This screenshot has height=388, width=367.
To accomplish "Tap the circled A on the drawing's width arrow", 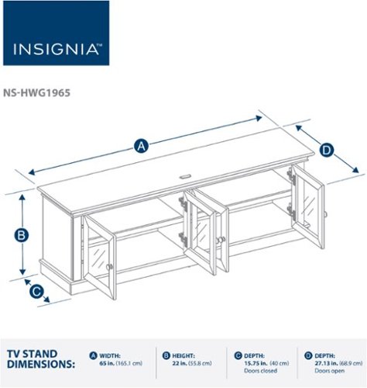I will (x=141, y=144).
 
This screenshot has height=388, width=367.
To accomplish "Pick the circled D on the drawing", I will (x=326, y=150).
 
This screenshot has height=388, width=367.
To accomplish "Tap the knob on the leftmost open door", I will (x=109, y=267).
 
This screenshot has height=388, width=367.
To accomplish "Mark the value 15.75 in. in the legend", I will (x=256, y=362).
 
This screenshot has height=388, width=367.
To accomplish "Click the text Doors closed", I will (x=258, y=371).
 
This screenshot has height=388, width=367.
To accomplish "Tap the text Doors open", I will (x=326, y=371).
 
